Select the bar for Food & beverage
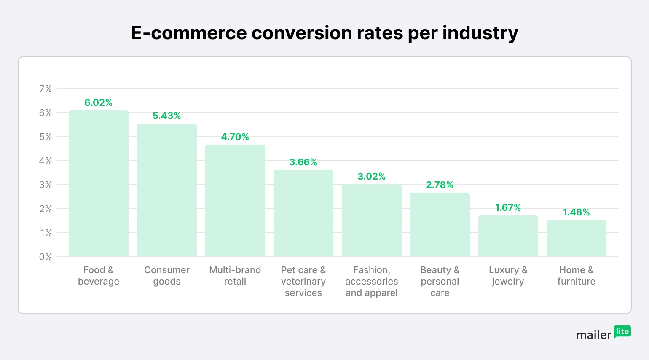point(99,183)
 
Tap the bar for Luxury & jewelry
point(508,236)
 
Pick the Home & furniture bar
point(576,238)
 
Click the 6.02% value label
point(98,103)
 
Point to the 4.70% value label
point(235,137)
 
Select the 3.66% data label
point(303,162)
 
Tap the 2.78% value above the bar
point(440,185)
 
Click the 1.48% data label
point(576,212)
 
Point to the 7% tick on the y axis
point(46,89)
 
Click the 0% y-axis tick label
point(46,257)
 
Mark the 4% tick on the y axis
point(46,161)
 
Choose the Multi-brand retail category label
point(235,276)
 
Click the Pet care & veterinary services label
point(303,281)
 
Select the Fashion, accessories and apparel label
point(372,281)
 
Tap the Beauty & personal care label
point(440,281)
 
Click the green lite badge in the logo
point(622,331)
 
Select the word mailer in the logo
point(594,335)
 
